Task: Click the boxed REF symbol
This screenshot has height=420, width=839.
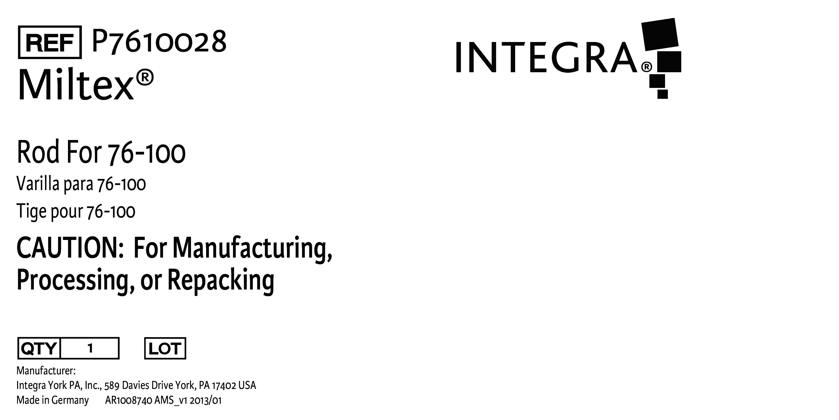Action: [50, 42]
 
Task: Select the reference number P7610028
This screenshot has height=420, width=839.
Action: [159, 41]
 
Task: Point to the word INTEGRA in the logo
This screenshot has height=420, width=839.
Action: [546, 57]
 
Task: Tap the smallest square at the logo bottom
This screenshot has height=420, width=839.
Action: [663, 94]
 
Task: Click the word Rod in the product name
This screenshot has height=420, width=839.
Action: [38, 152]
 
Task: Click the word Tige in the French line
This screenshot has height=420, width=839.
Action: [31, 212]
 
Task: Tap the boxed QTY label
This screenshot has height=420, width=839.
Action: [39, 348]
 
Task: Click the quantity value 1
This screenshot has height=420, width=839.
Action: [90, 348]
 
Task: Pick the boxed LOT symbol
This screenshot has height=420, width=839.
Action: [165, 348]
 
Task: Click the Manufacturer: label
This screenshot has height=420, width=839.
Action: [46, 371]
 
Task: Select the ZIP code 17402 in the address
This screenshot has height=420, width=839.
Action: [224, 386]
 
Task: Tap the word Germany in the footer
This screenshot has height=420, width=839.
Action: [70, 400]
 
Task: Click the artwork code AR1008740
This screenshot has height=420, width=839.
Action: [129, 400]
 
